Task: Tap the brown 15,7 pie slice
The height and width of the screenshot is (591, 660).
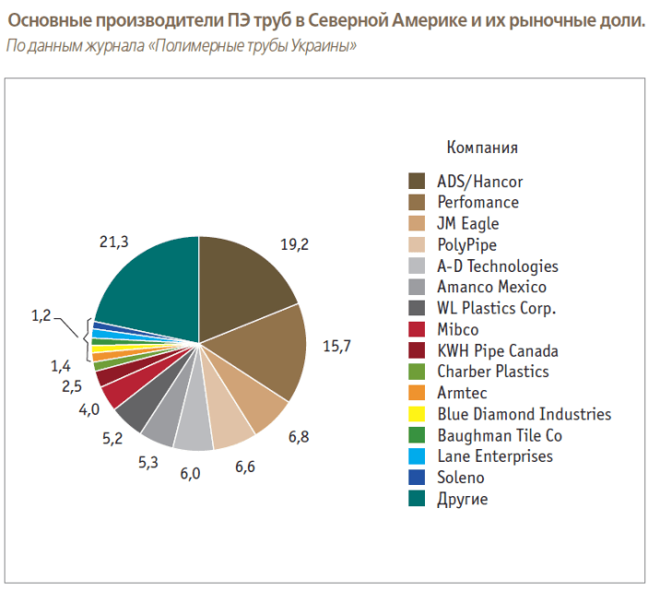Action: [x=267, y=355]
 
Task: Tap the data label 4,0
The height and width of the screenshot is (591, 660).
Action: [x=88, y=409]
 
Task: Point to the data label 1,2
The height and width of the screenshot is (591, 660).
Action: [x=41, y=316]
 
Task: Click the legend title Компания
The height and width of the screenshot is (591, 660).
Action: [x=481, y=148]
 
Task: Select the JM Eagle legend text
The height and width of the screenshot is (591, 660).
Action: [x=467, y=223]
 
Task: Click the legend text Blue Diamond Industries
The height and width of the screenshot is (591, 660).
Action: [x=524, y=414]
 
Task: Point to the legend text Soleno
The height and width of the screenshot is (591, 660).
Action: [x=460, y=478]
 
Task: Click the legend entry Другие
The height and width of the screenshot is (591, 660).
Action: [x=462, y=500]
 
